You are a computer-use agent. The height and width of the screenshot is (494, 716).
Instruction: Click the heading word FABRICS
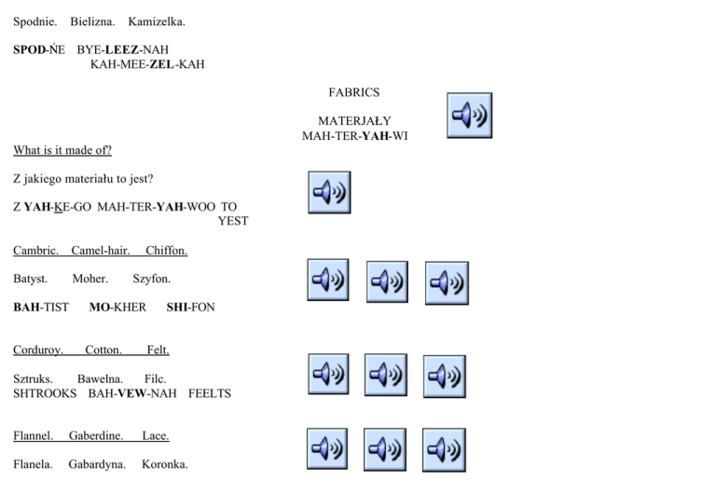coord(353,92)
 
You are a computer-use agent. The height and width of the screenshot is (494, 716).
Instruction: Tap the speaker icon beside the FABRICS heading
coord(469,116)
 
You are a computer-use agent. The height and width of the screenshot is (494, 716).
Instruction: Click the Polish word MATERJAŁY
coord(354,121)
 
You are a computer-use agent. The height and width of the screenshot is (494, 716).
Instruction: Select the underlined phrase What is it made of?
coord(62,150)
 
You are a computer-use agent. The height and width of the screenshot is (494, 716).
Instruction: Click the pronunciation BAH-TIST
coord(41,307)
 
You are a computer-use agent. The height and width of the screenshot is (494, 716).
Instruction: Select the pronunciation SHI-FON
coord(190,307)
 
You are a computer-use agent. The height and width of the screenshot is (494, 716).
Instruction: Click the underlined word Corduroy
coord(38,350)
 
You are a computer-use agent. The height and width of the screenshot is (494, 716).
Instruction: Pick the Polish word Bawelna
coord(101,379)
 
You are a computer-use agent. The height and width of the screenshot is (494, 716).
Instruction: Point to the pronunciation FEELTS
coord(210,393)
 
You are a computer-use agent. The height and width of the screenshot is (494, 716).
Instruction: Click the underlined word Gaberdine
coord(96,435)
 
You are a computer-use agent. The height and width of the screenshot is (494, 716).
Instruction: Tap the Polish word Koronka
coord(165,464)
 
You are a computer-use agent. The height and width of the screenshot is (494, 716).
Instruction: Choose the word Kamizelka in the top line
coord(157,21)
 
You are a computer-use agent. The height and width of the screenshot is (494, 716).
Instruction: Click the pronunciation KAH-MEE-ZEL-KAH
coord(147,64)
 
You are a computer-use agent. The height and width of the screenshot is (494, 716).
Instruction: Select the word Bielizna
coord(92,21)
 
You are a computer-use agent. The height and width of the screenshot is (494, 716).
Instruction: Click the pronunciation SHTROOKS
coord(44,393)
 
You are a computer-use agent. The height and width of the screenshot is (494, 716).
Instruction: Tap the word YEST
coord(233,221)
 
